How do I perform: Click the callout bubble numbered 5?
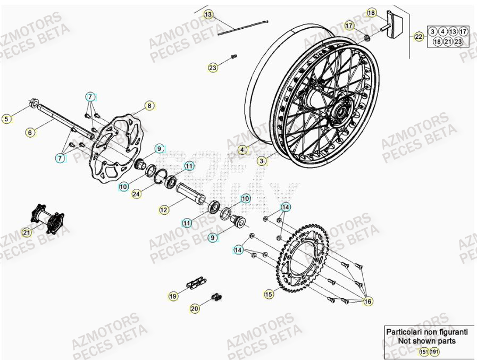tap(7, 119)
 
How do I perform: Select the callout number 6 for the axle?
tap(30, 131)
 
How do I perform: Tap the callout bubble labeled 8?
tap(149, 106)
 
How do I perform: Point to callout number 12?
tap(164, 210)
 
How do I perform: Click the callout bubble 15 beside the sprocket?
tap(269, 294)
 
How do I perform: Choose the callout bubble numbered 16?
tap(367, 302)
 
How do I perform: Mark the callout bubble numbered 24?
tap(137, 194)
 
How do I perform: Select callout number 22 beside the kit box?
tap(419, 37)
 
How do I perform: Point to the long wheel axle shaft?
tap(64, 121)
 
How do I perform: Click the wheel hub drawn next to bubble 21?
tap(48, 217)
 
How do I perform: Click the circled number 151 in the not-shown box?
tap(423, 351)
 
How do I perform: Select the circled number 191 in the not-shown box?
tap(434, 351)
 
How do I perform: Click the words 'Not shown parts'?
tap(426, 341)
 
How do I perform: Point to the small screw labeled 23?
tap(233, 56)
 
